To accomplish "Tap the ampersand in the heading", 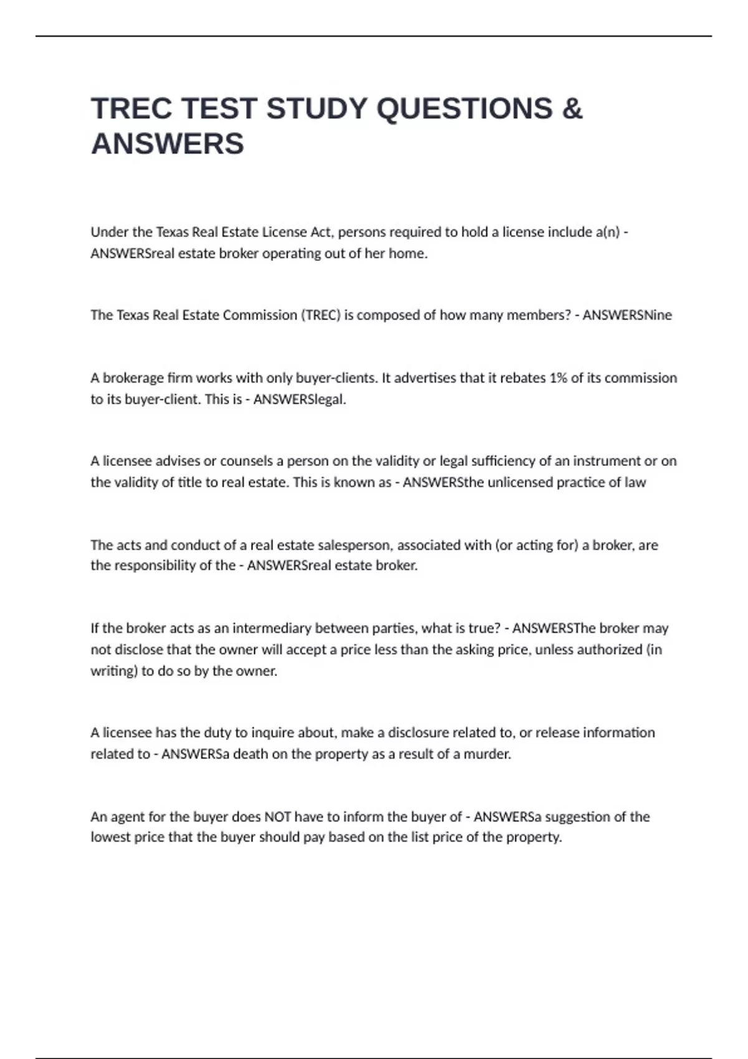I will point(572,108).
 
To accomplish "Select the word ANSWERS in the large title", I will point(167,144).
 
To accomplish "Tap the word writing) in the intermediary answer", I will point(114,671).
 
